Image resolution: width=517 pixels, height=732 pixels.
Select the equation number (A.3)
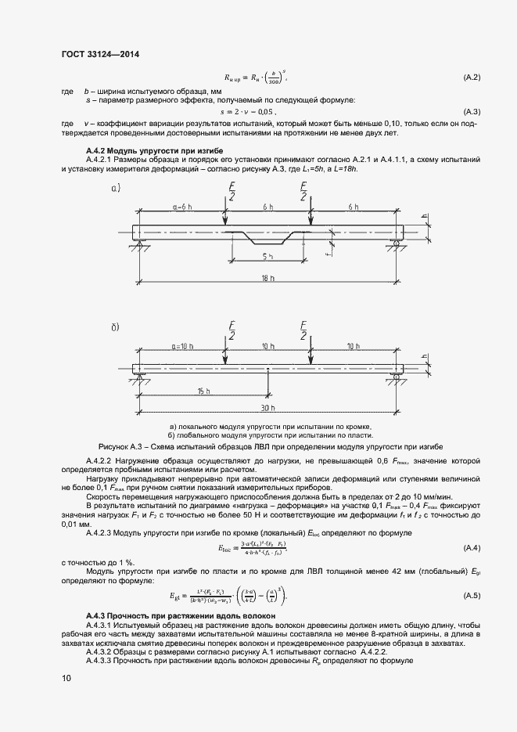point(472,112)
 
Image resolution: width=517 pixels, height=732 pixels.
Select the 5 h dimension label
point(267,256)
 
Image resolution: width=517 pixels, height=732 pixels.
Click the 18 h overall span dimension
point(267,278)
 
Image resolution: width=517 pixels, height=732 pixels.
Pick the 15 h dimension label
point(204,391)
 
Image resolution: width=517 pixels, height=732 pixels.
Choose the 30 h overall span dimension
point(267,408)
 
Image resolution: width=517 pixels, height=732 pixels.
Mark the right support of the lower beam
point(396,379)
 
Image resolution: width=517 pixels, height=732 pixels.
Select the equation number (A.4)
point(472,546)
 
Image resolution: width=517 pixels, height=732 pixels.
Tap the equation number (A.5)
point(472,597)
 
